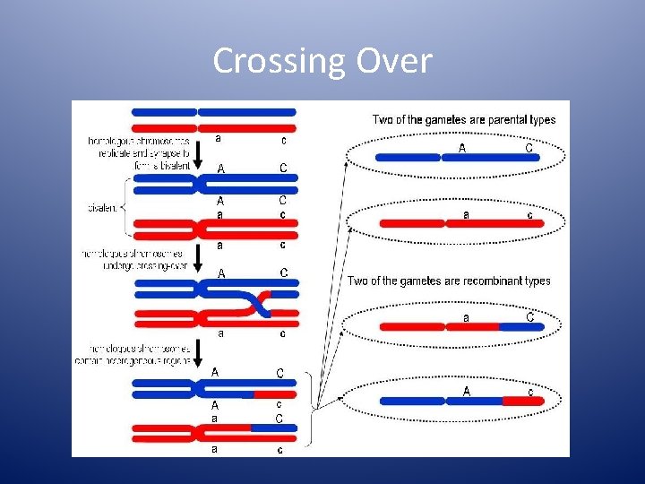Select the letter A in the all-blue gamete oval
462,148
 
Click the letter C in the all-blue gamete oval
529,147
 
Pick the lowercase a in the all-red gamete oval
466,214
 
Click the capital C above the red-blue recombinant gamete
529,316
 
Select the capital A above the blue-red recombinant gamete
466,391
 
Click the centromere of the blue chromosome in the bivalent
194,185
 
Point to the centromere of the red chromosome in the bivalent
194,229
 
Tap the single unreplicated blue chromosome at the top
215,112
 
